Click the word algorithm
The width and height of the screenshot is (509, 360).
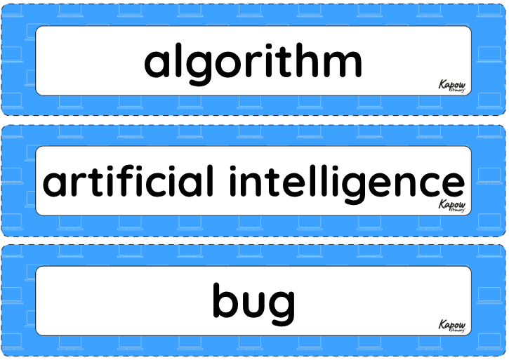253,64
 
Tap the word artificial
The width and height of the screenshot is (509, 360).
128,180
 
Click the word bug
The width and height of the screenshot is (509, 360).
254,304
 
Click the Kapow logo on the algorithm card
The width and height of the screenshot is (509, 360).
452,86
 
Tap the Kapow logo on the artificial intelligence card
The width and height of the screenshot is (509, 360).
452,206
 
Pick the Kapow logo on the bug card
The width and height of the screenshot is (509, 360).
452,326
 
